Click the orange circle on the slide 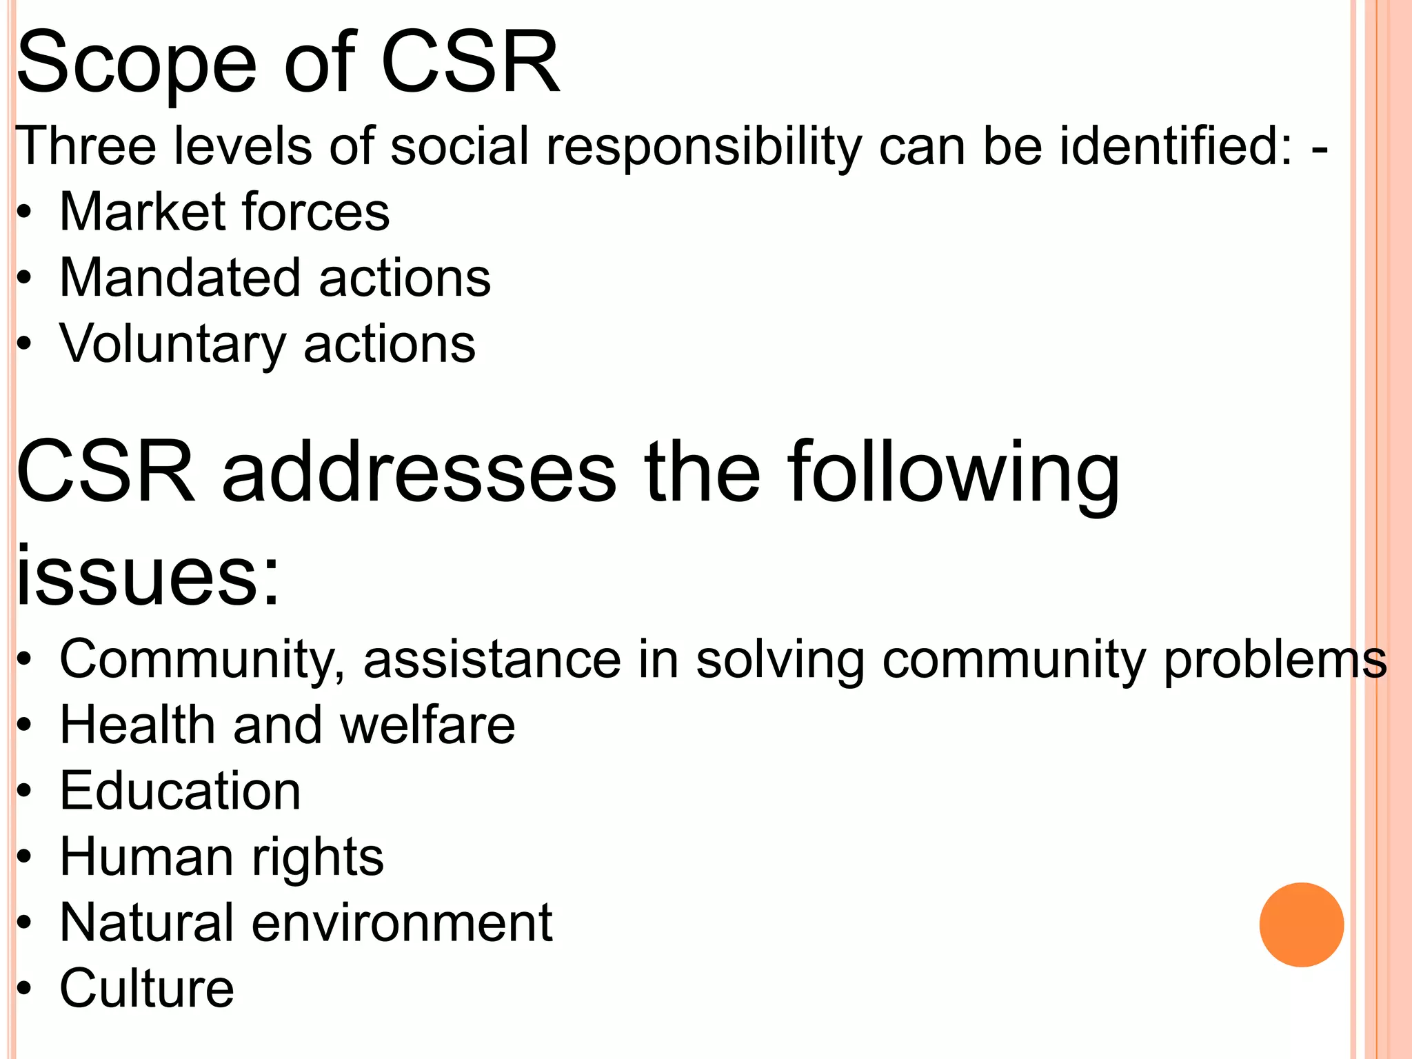(x=1301, y=925)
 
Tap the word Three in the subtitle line (x=85, y=146)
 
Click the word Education (x=181, y=791)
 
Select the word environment (x=401, y=922)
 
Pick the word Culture (x=147, y=989)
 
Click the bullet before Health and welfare (x=25, y=726)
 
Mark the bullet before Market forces (x=25, y=212)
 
